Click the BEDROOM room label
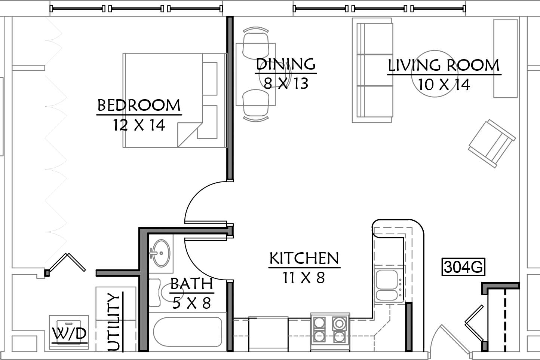(x=139, y=105)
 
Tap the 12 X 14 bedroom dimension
(x=139, y=125)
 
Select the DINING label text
(x=286, y=64)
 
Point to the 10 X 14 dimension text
(x=444, y=85)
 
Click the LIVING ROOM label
(x=444, y=65)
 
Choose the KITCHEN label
(x=304, y=258)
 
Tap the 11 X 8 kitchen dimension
(x=304, y=277)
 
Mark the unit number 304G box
(x=463, y=266)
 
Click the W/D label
(x=69, y=333)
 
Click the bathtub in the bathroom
(x=188, y=332)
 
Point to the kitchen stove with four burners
(x=330, y=332)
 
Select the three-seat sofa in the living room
(x=372, y=70)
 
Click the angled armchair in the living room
(x=492, y=143)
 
